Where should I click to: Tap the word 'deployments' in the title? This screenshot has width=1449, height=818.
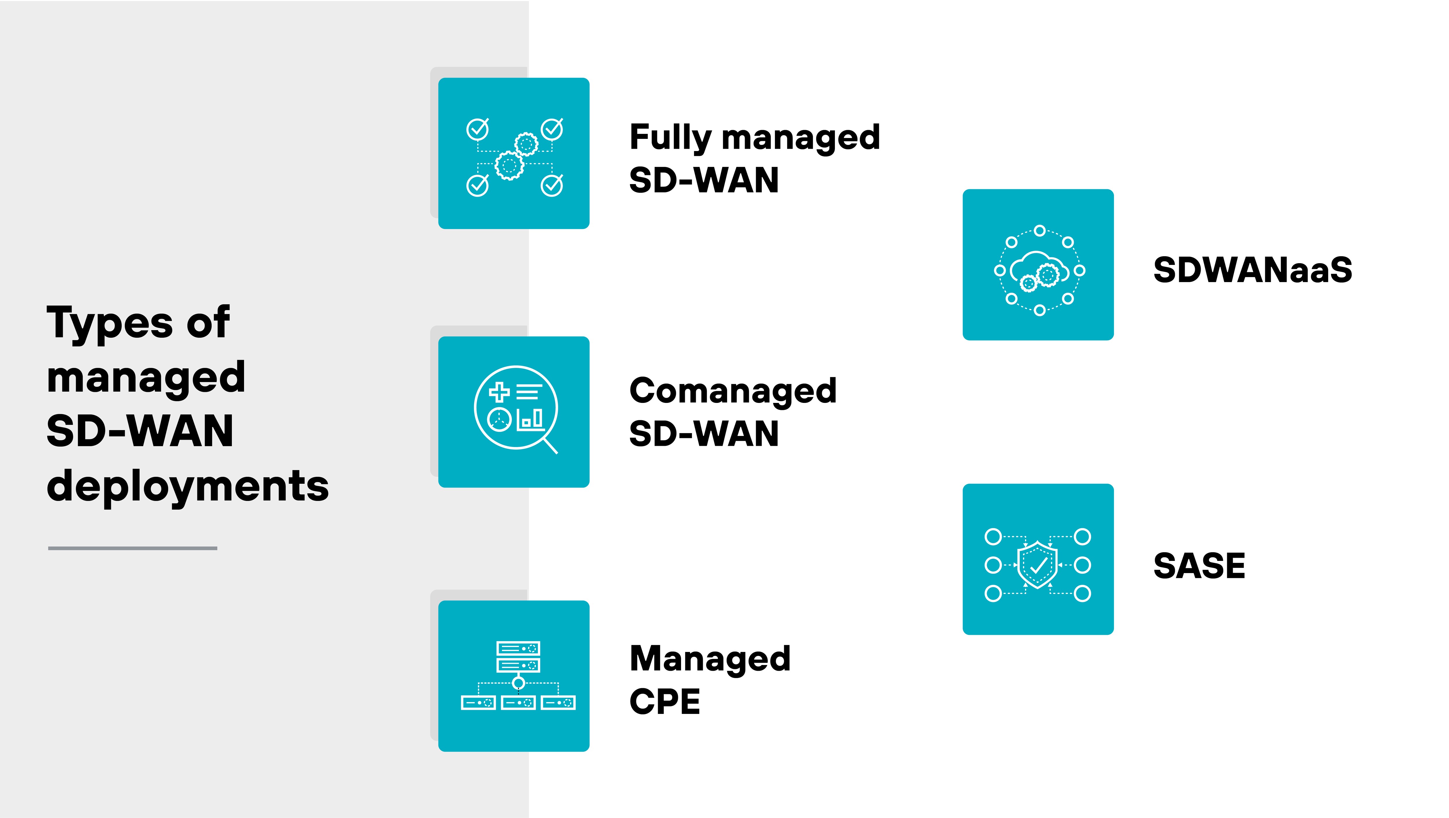click(x=187, y=486)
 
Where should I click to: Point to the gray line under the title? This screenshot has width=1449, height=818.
click(x=133, y=548)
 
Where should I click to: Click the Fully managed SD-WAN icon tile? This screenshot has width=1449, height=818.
click(x=514, y=153)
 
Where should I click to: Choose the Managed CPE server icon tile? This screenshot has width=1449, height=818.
click(x=514, y=676)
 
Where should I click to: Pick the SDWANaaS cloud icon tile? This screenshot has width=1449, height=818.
click(x=1038, y=264)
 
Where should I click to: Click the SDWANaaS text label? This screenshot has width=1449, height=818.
click(x=1252, y=270)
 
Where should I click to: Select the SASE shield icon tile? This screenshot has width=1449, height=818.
click(x=1038, y=559)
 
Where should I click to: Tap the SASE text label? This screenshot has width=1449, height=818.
click(x=1199, y=566)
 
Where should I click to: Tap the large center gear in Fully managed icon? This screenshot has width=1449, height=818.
click(x=509, y=166)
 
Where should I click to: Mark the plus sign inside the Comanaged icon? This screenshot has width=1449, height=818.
click(x=499, y=392)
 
